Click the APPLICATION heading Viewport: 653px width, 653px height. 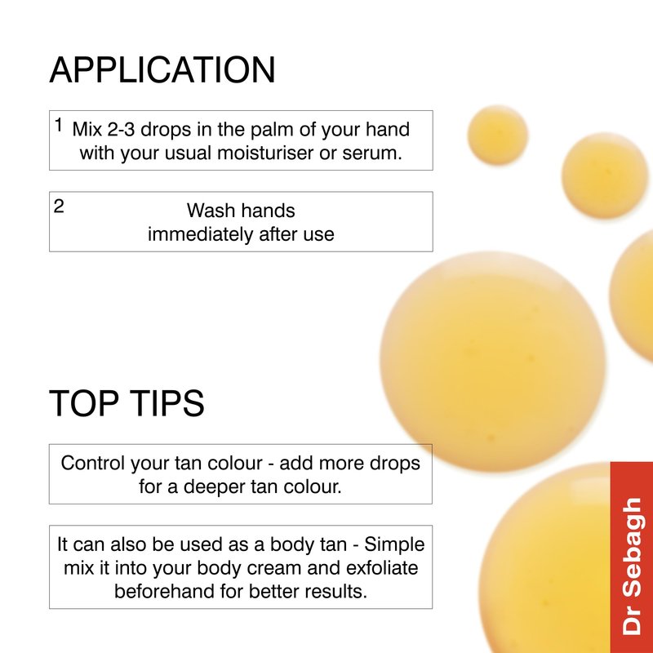pyautogui.click(x=162, y=69)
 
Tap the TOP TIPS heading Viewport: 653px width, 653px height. pyautogui.click(x=127, y=402)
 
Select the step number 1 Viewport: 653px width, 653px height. pyautogui.click(x=59, y=125)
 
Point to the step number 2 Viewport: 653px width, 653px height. pyautogui.click(x=59, y=207)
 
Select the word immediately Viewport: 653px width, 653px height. pyautogui.click(x=201, y=234)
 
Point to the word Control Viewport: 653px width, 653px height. pyautogui.click(x=93, y=463)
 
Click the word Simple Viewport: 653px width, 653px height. pyautogui.click(x=394, y=545)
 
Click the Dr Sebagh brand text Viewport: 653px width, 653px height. pyautogui.click(x=631, y=566)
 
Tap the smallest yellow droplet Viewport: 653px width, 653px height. pyautogui.click(x=498, y=135)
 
